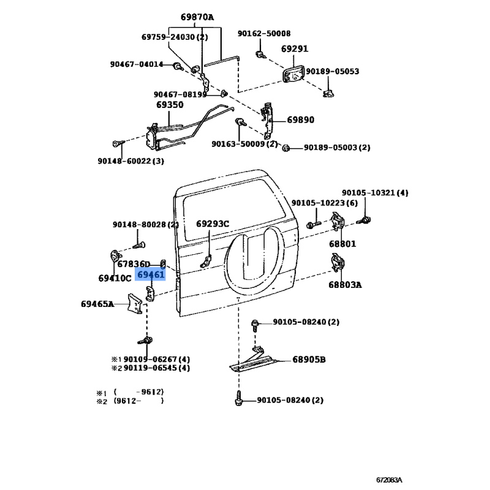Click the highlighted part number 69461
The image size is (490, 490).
point(151,274)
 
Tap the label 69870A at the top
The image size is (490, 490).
point(197,17)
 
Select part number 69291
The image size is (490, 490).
point(295,49)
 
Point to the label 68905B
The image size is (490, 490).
point(309,360)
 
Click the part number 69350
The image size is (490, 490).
point(170,105)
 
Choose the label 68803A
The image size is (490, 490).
point(345,285)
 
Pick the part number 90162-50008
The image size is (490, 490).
point(264,34)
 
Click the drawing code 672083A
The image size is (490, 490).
point(389,480)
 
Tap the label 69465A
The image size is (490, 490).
point(97,304)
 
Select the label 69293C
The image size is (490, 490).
point(213,224)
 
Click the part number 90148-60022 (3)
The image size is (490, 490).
point(130,161)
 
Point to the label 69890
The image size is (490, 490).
point(301,119)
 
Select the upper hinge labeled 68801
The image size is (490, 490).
point(337,221)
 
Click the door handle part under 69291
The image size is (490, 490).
point(293,74)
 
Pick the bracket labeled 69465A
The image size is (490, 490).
point(135,303)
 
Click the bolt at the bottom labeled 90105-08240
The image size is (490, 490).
point(238,398)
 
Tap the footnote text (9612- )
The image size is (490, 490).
point(138,401)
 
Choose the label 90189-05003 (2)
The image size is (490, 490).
point(337,148)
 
